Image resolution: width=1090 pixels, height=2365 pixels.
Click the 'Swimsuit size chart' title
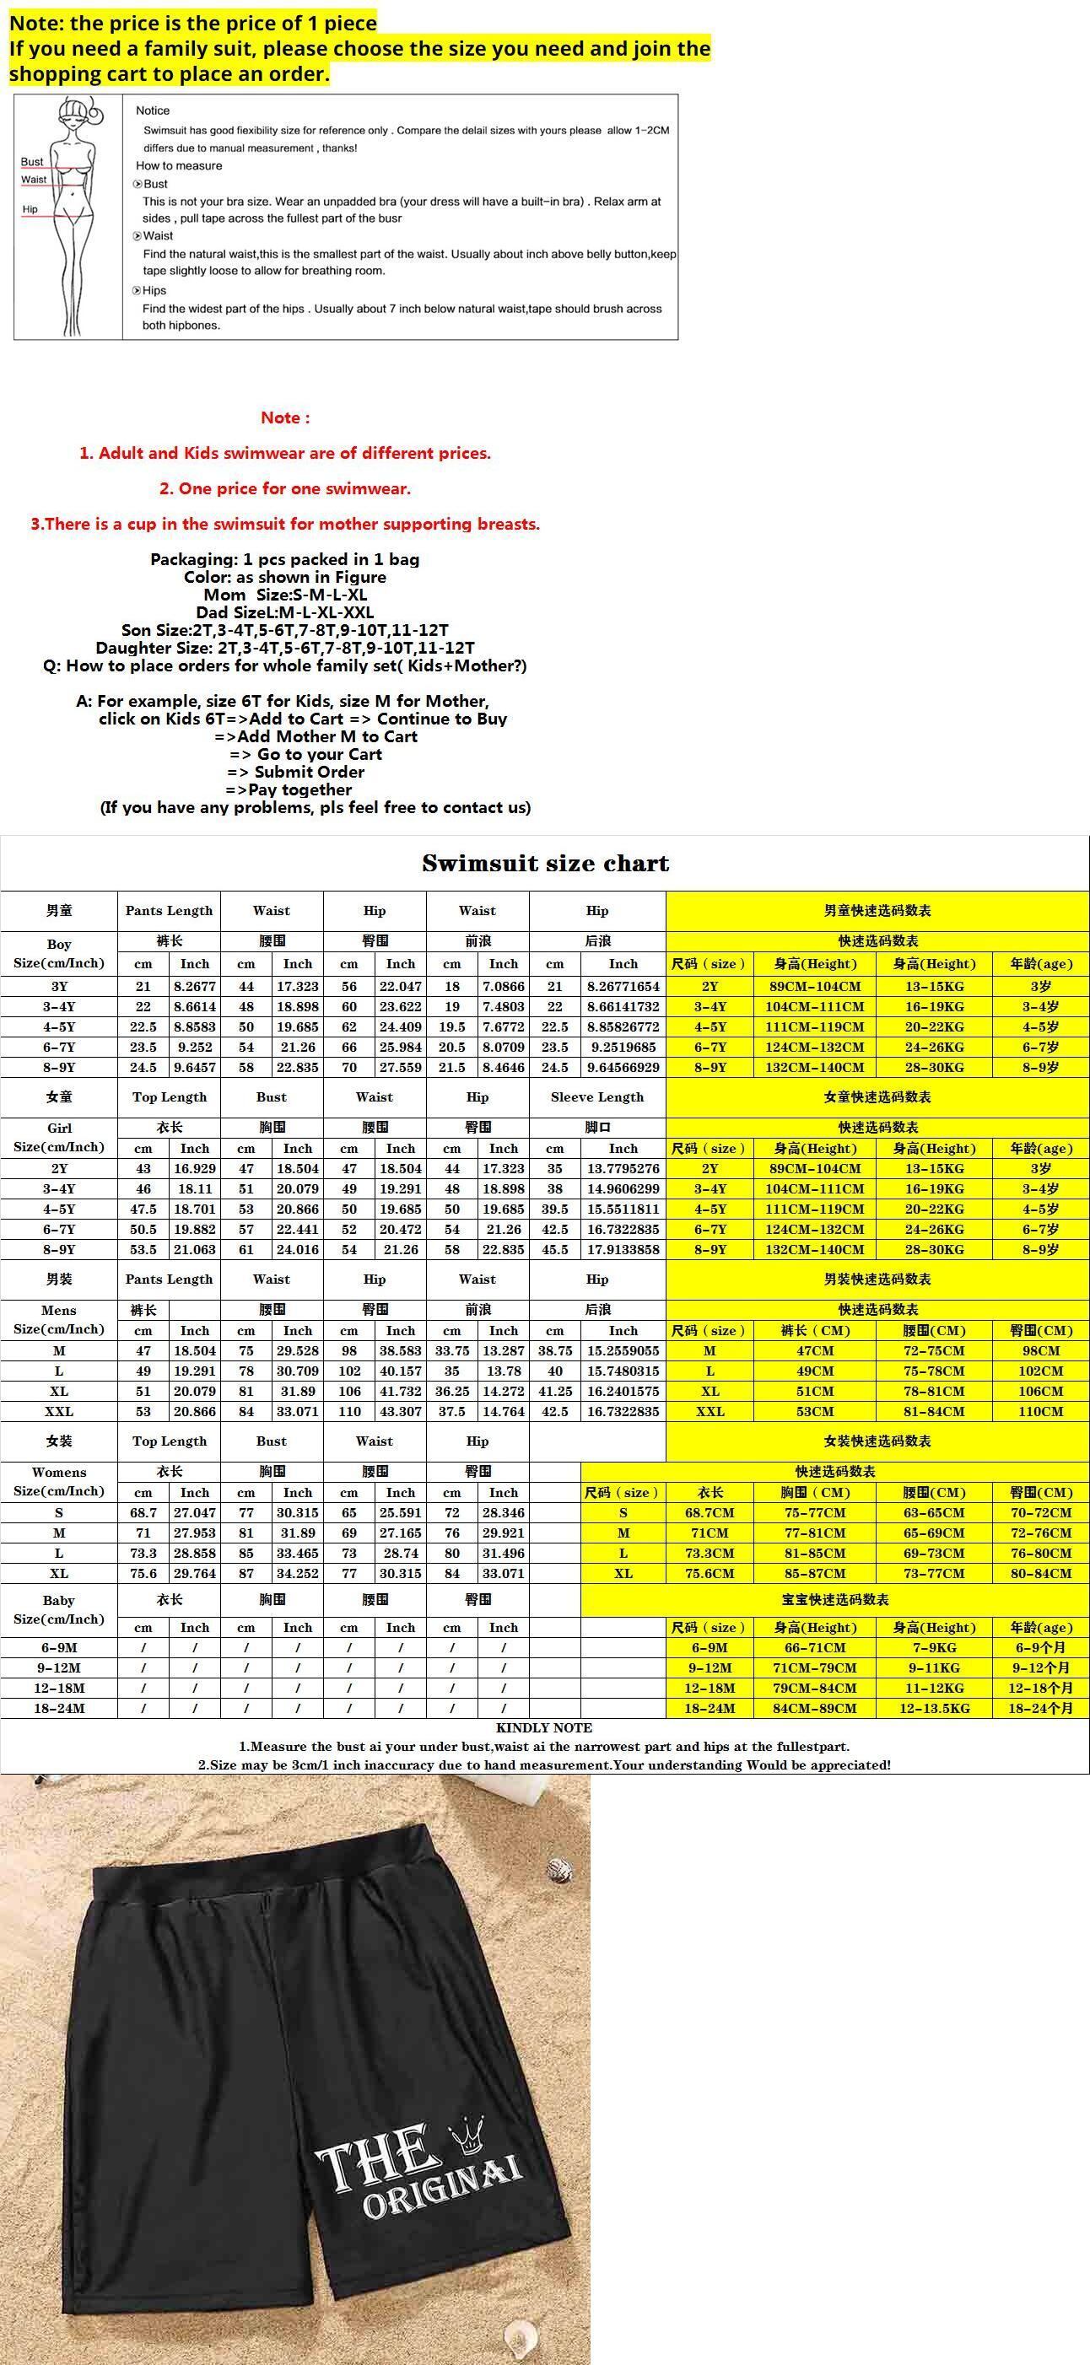(x=546, y=863)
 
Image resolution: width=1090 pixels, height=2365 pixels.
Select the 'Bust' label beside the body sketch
(x=32, y=162)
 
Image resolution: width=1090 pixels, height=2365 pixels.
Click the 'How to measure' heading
(x=179, y=166)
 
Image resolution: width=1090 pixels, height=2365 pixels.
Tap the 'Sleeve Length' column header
(x=596, y=1097)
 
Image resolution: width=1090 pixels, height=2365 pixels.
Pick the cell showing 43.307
(x=401, y=1411)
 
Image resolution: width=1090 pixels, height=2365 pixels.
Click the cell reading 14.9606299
(x=623, y=1189)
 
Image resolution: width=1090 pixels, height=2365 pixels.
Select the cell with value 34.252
(x=298, y=1573)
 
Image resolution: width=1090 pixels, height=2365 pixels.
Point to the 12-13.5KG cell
(x=934, y=1708)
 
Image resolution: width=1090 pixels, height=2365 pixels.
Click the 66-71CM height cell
(x=814, y=1647)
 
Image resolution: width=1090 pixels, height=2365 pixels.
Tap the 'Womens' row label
(x=59, y=1472)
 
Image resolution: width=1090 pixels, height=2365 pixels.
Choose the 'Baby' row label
(x=59, y=1600)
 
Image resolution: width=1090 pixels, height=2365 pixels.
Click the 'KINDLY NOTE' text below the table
(x=544, y=1727)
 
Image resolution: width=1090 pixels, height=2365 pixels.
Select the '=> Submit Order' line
(x=295, y=772)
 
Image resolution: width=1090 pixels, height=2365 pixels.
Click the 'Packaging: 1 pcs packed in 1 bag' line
(x=284, y=559)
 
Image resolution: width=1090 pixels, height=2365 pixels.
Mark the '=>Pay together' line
(x=289, y=789)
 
